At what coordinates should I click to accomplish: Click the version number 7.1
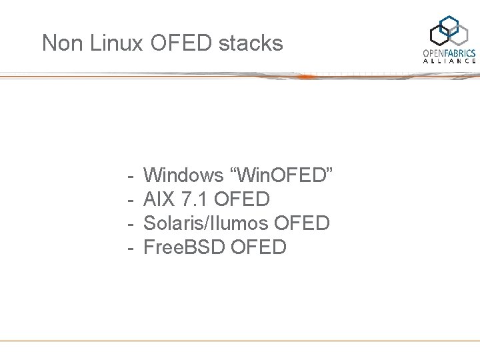[194, 199]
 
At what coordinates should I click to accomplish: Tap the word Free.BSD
[184, 247]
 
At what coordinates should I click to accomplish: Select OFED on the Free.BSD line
[259, 247]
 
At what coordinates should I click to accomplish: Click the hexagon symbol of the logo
[451, 31]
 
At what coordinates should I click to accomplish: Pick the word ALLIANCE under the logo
[450, 61]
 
